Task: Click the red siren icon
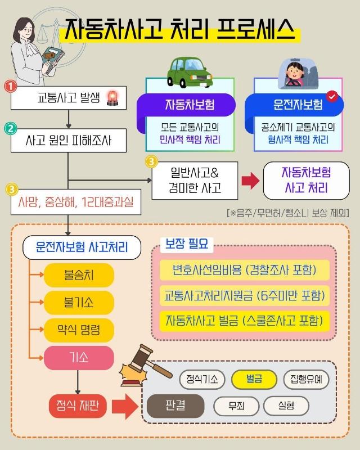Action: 112,98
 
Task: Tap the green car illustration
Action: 190,73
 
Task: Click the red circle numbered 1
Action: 11,86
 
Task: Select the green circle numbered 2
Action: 11,129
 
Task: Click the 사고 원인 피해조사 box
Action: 69,140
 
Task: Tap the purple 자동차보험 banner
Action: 187,105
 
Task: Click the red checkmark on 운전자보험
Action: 332,96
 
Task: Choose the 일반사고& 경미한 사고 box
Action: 195,181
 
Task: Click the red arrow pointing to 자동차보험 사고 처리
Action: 250,181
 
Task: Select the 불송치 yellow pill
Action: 79,275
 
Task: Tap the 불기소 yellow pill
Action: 79,303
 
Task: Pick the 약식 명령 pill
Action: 79,330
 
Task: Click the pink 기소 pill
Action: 79,358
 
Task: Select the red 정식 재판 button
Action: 78,406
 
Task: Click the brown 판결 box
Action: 175,406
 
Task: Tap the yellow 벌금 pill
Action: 254,379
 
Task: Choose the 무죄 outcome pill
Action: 236,406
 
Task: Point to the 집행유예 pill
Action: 306,379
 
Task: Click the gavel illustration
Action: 145,365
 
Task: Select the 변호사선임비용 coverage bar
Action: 244,270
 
